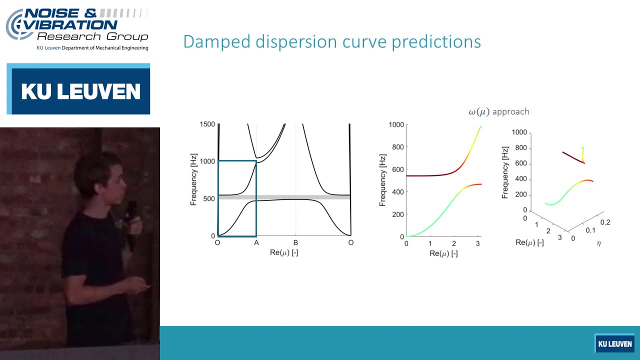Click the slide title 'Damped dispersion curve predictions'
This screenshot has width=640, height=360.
tap(332, 41)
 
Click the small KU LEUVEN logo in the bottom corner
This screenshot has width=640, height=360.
tap(614, 343)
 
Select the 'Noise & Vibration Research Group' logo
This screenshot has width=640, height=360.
tap(77, 29)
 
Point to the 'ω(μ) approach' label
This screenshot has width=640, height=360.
tap(498, 111)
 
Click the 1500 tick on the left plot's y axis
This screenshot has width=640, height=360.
tap(207, 124)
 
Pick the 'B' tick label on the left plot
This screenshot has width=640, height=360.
tap(295, 242)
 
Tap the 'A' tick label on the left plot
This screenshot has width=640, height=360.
tap(256, 242)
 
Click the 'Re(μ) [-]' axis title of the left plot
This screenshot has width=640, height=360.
tap(283, 252)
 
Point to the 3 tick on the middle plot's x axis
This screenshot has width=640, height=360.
tap(478, 243)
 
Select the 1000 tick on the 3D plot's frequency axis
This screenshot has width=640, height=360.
tap(519, 132)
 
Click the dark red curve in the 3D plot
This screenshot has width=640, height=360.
tap(572, 157)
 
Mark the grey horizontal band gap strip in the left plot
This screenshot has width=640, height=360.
tap(300, 197)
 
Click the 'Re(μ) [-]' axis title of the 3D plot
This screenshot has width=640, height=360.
tap(529, 242)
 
